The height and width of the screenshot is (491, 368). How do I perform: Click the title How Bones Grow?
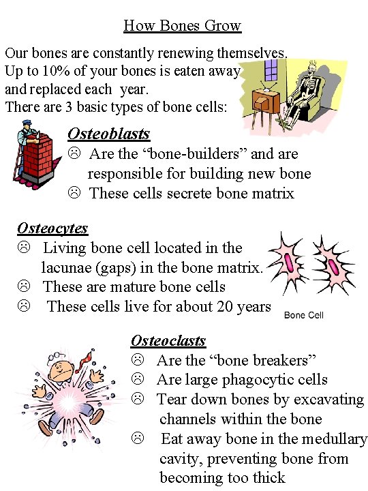click(182, 26)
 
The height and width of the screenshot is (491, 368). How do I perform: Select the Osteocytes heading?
click(52, 228)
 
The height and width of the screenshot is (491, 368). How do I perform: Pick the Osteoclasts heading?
click(168, 340)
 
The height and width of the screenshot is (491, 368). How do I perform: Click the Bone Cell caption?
click(303, 315)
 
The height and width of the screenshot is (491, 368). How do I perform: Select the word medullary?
click(332, 439)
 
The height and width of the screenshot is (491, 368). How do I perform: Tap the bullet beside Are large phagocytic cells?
click(137, 379)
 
